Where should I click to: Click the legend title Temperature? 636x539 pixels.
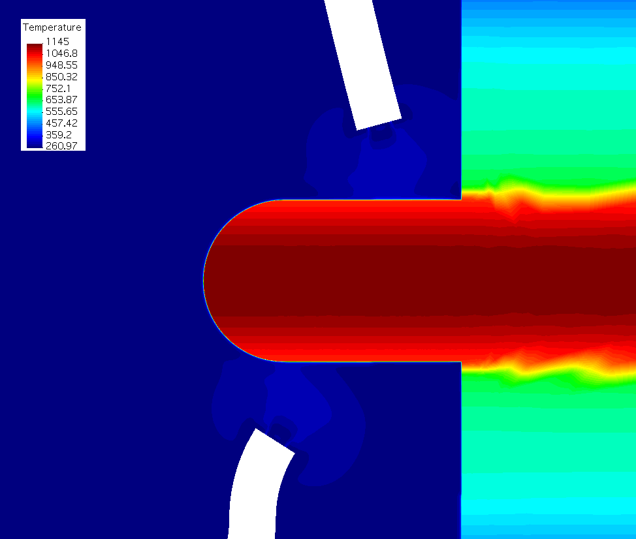(x=52, y=27)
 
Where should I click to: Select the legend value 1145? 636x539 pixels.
(x=57, y=41)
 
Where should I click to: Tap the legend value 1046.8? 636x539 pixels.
(x=61, y=53)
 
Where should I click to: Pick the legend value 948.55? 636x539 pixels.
(x=61, y=65)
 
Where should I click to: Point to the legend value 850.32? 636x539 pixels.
(x=61, y=76)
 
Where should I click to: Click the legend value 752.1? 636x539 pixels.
(x=58, y=88)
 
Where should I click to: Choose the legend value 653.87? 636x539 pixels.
(x=61, y=100)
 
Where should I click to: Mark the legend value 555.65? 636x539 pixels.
(x=61, y=112)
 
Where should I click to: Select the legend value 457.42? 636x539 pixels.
(x=61, y=123)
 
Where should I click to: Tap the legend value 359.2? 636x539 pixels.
(x=58, y=134)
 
